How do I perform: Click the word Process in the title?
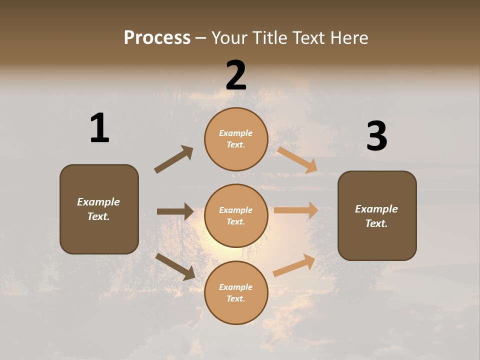click(157, 38)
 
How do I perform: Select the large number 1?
click(99, 128)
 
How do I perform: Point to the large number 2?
click(236, 75)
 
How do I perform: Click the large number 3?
click(376, 136)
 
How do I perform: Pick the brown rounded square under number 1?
click(99, 209)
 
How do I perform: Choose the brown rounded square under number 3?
click(377, 215)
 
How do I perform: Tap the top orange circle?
click(236, 139)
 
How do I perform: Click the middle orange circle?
click(236, 215)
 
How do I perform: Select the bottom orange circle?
click(236, 292)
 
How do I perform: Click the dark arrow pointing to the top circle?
click(173, 159)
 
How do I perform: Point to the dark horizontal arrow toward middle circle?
click(175, 211)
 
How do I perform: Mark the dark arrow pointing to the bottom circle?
click(175, 266)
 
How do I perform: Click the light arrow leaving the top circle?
click(297, 159)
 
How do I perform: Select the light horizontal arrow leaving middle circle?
click(296, 210)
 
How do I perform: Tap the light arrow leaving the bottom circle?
click(294, 265)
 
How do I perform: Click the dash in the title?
click(201, 38)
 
